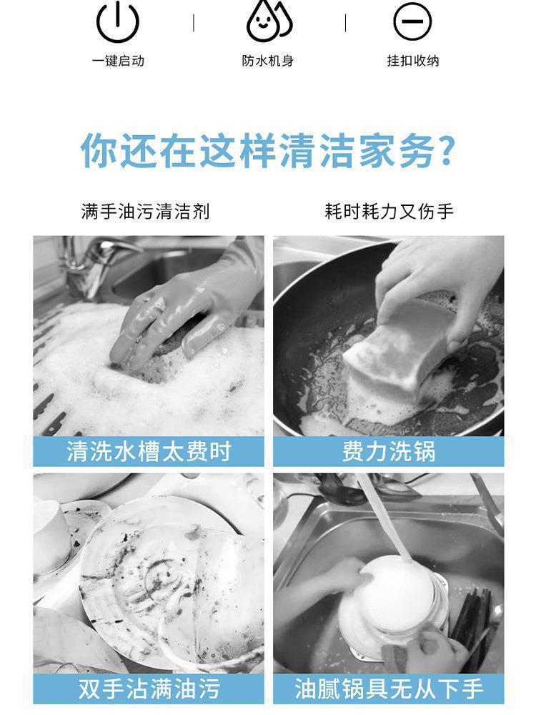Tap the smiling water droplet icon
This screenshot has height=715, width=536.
point(268,22)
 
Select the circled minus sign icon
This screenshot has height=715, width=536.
point(412,21)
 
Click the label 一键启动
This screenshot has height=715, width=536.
point(118,61)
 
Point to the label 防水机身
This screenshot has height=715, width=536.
point(268,61)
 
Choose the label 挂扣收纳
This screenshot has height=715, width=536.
point(413,61)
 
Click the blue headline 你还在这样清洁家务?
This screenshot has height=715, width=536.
point(268,151)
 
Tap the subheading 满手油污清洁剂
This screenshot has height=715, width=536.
point(145,212)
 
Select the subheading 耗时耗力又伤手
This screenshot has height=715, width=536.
point(389,212)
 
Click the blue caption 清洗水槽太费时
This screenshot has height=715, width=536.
point(149,452)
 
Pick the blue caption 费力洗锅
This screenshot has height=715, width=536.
point(389,452)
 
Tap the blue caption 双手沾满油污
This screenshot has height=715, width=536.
point(149,689)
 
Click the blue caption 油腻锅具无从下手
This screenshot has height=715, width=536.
point(389,689)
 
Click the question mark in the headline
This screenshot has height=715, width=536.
point(445,151)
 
